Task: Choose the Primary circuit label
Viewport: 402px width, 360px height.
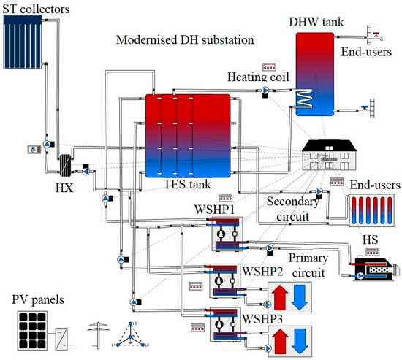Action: (308, 264)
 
